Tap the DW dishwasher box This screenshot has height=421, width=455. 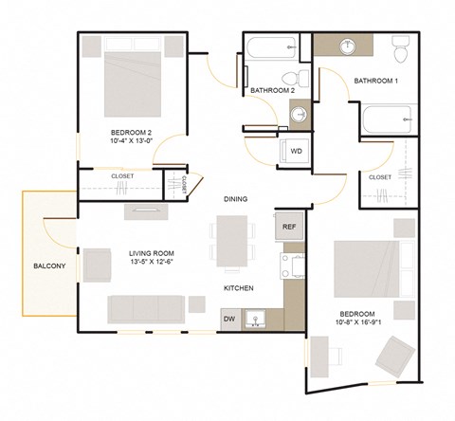[x=229, y=320]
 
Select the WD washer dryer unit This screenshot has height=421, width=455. [x=296, y=152]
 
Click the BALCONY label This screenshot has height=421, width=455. [x=49, y=265]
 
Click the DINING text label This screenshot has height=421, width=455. [x=236, y=200]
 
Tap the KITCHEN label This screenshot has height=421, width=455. [x=237, y=288]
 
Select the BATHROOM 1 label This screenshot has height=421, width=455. [x=376, y=82]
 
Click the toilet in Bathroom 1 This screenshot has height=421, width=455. [x=400, y=46]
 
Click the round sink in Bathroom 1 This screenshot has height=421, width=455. [x=347, y=46]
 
